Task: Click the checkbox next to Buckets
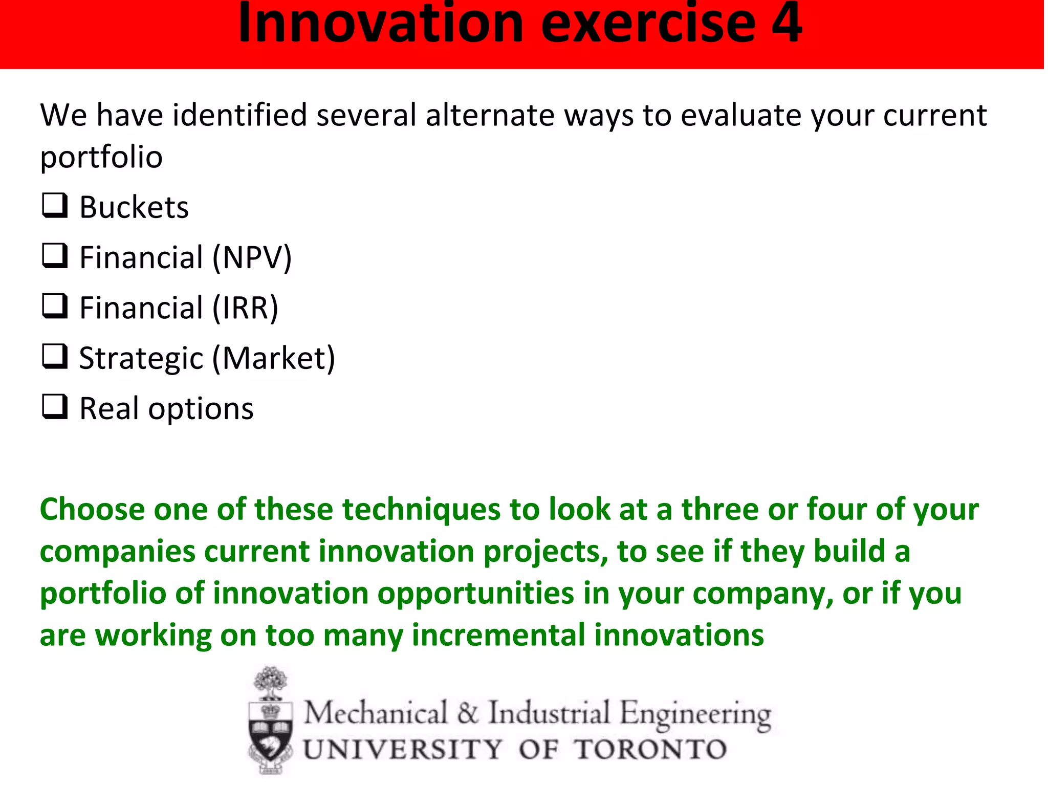click(x=54, y=206)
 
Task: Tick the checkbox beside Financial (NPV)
click(x=54, y=256)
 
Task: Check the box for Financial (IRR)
click(x=54, y=306)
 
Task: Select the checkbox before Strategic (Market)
click(x=54, y=356)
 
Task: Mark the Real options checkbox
click(x=54, y=407)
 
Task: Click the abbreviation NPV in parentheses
click(x=252, y=257)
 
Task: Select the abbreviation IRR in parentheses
click(x=246, y=308)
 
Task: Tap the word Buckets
click(x=134, y=207)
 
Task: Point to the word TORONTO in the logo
click(x=650, y=750)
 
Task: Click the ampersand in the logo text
click(x=467, y=713)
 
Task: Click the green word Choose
click(x=92, y=510)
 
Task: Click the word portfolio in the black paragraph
click(x=101, y=157)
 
